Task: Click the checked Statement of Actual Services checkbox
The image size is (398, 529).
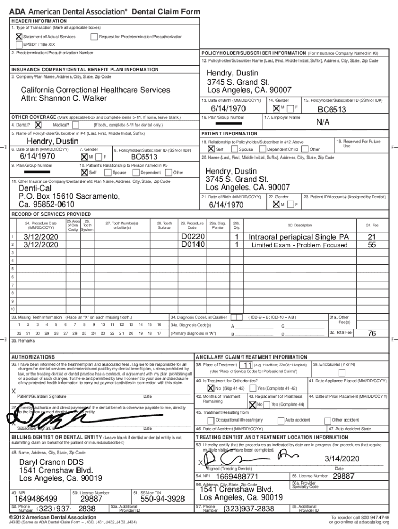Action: (x=19, y=37)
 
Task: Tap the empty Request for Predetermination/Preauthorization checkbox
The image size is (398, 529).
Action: (x=94, y=37)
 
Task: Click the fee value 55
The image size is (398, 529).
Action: (x=371, y=245)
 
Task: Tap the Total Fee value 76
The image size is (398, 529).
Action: (x=371, y=334)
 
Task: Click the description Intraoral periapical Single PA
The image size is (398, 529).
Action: (x=299, y=237)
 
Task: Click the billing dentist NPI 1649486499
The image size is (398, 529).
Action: (x=36, y=499)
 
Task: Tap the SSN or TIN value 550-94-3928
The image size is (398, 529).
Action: (x=162, y=499)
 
